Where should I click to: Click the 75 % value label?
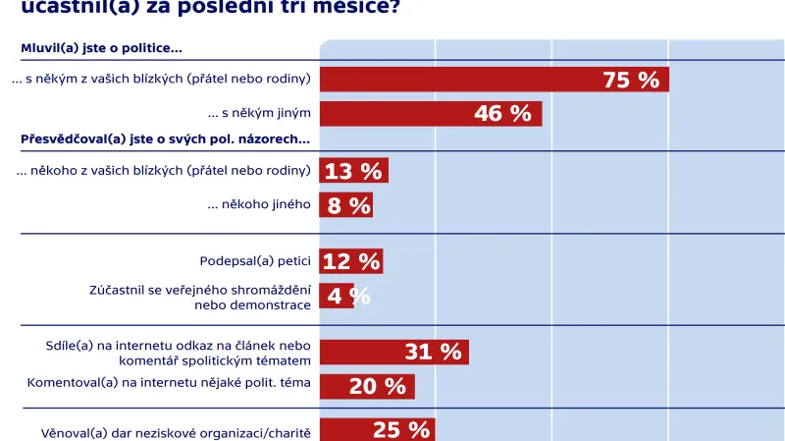point(631,81)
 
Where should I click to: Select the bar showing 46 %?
point(431,114)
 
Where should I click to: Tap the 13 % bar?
point(353,171)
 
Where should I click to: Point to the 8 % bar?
point(345,205)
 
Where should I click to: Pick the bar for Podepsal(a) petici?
point(350,261)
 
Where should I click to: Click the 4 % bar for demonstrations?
point(337,296)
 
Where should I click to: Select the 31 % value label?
point(433,352)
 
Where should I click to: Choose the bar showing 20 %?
point(367,386)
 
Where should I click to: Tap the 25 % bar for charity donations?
point(377,429)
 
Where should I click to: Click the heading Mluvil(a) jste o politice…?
point(101,48)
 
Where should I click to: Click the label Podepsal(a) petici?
point(255,261)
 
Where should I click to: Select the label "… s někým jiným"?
point(259,113)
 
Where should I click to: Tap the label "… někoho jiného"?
point(259,204)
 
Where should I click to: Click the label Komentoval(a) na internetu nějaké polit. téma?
point(169,382)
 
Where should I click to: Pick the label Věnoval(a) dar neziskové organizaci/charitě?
point(176,432)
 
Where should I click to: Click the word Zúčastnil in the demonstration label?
point(117,289)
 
